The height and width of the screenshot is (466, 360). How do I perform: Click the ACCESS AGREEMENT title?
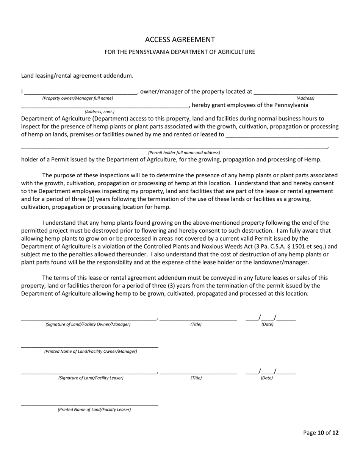click(x=180, y=39)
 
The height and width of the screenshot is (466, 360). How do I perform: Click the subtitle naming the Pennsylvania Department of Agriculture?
click(x=180, y=52)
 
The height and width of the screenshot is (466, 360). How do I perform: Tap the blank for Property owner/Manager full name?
click(x=80, y=92)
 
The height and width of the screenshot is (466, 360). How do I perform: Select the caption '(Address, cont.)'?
click(x=99, y=112)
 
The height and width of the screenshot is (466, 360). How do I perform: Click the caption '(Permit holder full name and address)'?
click(x=184, y=153)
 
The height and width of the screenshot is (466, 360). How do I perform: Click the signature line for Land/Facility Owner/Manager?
click(x=89, y=318)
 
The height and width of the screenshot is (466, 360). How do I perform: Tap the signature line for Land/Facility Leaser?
click(x=89, y=372)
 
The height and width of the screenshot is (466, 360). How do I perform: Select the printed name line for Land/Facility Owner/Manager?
click(x=89, y=345)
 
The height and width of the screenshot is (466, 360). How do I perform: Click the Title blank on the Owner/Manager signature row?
click(x=198, y=318)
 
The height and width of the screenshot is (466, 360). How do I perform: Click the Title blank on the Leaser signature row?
click(x=198, y=372)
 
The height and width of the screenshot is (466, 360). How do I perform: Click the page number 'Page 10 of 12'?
click(x=321, y=433)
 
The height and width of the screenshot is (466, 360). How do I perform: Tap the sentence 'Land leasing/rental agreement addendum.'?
click(x=77, y=76)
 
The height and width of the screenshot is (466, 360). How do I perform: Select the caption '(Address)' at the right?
click(x=305, y=98)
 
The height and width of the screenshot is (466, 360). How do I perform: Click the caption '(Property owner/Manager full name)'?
click(x=78, y=98)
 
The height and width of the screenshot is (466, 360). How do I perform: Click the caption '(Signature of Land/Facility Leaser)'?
click(x=91, y=378)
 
